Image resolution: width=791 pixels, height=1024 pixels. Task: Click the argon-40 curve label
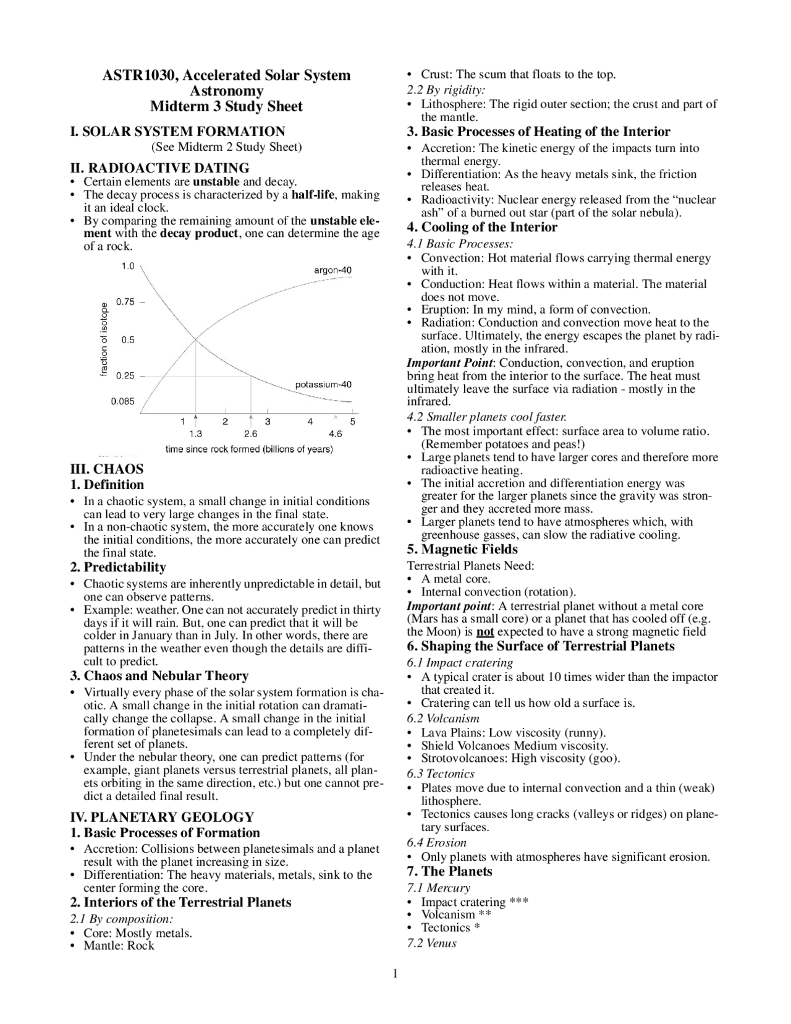(x=332, y=270)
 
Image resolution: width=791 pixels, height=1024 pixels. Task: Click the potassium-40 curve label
(x=323, y=384)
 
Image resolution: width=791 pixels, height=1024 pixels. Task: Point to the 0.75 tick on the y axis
(x=125, y=302)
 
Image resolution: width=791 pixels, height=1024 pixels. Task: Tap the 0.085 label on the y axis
(x=122, y=401)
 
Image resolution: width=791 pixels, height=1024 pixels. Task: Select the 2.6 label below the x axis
(x=250, y=434)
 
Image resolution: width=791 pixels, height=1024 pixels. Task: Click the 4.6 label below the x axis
(x=335, y=434)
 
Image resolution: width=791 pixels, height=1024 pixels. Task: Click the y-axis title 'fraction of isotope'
(x=104, y=339)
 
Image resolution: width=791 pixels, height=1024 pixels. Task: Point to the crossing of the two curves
(x=196, y=338)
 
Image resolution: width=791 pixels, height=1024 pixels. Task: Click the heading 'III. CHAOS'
(x=107, y=469)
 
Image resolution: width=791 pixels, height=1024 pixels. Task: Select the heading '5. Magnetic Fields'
(x=462, y=549)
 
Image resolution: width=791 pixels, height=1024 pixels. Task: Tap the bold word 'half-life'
(x=315, y=195)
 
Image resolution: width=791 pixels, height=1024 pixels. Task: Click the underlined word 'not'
(x=485, y=632)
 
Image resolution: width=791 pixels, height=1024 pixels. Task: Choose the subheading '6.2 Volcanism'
(x=443, y=719)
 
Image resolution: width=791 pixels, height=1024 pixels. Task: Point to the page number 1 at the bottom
(x=395, y=975)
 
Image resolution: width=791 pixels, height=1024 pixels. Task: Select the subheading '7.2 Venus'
(x=431, y=943)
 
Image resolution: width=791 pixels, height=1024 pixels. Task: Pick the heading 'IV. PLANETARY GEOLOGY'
(x=163, y=817)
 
